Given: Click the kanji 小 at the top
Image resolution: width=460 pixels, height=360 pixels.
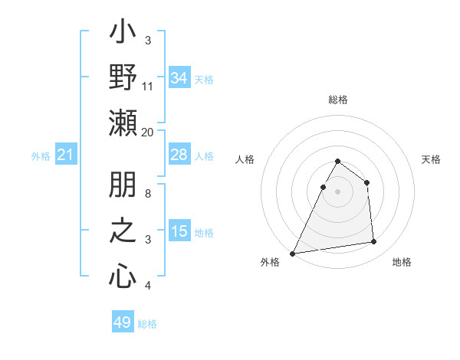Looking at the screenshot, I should point(123,35).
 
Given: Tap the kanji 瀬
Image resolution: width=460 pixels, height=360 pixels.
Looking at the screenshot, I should point(123,123).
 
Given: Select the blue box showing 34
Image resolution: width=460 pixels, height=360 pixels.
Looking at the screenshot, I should point(179,78).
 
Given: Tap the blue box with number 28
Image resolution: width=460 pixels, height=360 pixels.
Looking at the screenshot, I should point(179,155).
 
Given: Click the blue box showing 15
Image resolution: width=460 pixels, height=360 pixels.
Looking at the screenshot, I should point(179,231).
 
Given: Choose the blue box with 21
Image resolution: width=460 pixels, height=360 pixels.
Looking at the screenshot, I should point(65,155).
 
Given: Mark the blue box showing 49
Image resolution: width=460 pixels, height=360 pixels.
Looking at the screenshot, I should point(123,322).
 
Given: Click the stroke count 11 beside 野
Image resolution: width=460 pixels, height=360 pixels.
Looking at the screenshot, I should point(148,86).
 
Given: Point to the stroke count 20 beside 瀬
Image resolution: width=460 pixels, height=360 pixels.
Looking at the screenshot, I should point(148,131).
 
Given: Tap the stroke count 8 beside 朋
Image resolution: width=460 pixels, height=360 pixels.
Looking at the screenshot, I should point(148,194).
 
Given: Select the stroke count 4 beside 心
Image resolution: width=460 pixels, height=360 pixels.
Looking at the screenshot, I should point(148,285).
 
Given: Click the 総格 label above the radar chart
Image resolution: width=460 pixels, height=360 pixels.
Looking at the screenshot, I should point(337,100).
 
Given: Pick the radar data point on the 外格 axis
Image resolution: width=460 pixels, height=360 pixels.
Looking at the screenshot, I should point(292,254).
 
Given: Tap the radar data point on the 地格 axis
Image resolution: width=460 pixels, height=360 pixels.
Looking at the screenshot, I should point(374,242).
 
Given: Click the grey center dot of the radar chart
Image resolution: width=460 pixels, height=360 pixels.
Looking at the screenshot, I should point(337,191).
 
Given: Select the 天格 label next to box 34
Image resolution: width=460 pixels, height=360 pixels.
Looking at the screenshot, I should point(204,79).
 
